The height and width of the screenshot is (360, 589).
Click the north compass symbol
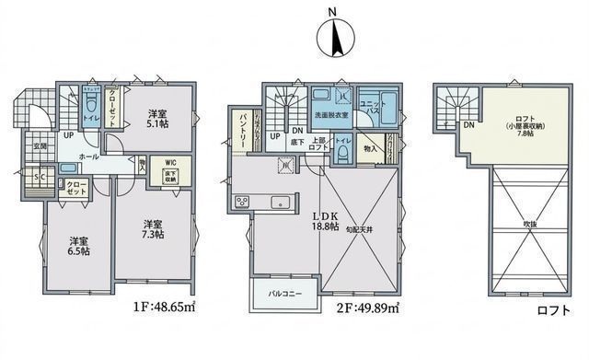(334, 36)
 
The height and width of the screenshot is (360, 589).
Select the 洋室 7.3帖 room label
(153, 229)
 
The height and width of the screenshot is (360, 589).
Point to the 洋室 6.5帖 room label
(79, 248)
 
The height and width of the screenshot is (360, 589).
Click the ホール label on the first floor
(89, 157)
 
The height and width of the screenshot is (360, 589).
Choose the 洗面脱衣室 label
(332, 116)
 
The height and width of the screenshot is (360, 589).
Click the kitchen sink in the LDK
(280, 203)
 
